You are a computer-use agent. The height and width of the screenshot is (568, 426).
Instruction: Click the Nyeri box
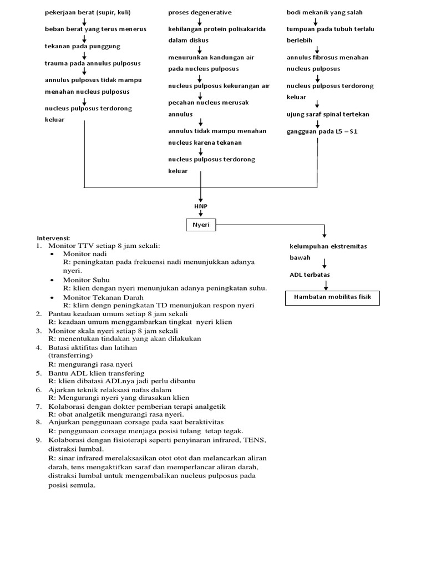tap(201, 225)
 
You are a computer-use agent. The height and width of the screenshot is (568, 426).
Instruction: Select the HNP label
tap(201, 206)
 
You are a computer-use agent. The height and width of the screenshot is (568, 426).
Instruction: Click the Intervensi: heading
tap(54, 237)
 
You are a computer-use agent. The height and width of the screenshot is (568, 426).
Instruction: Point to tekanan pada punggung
tap(82, 46)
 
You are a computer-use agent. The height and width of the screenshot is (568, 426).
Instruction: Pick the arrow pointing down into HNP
tap(201, 195)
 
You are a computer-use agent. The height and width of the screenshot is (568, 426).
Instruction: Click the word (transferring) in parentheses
tap(70, 355)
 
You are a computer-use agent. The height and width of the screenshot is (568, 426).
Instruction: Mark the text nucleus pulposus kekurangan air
tap(219, 86)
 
